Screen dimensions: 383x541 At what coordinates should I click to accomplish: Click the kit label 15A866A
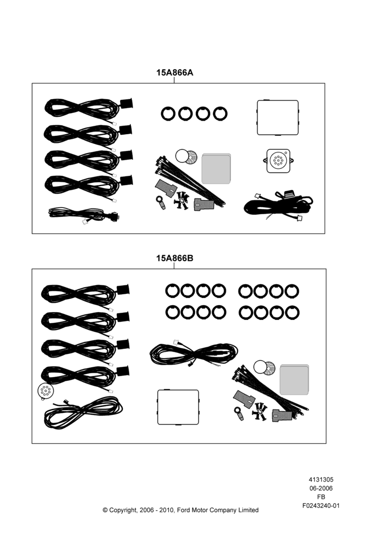[x=175, y=72]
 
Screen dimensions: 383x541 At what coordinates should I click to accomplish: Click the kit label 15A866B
[x=175, y=258]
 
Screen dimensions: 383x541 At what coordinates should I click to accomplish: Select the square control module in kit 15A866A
[x=278, y=117]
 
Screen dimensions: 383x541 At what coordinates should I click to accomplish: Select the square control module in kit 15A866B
[x=179, y=407]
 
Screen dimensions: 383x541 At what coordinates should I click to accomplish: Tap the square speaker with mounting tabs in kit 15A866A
[x=278, y=161]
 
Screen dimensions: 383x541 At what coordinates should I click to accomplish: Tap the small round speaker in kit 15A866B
[x=45, y=392]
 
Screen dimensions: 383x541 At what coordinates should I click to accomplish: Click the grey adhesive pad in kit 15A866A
[x=216, y=169]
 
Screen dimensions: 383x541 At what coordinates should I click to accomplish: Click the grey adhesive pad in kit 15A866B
[x=294, y=380]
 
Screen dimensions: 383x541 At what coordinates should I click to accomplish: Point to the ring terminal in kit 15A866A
[x=161, y=202]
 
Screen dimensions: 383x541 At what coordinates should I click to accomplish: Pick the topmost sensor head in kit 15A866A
[x=126, y=103]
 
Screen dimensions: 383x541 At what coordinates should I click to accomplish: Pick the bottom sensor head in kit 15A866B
[x=123, y=371]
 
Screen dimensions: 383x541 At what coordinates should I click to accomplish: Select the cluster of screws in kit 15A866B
[x=260, y=412]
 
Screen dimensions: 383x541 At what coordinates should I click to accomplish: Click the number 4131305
[x=321, y=479]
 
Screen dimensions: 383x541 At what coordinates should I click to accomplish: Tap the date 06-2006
[x=321, y=488]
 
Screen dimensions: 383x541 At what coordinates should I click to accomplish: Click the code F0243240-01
[x=321, y=505]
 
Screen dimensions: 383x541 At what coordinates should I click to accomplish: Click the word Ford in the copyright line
[x=183, y=510]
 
